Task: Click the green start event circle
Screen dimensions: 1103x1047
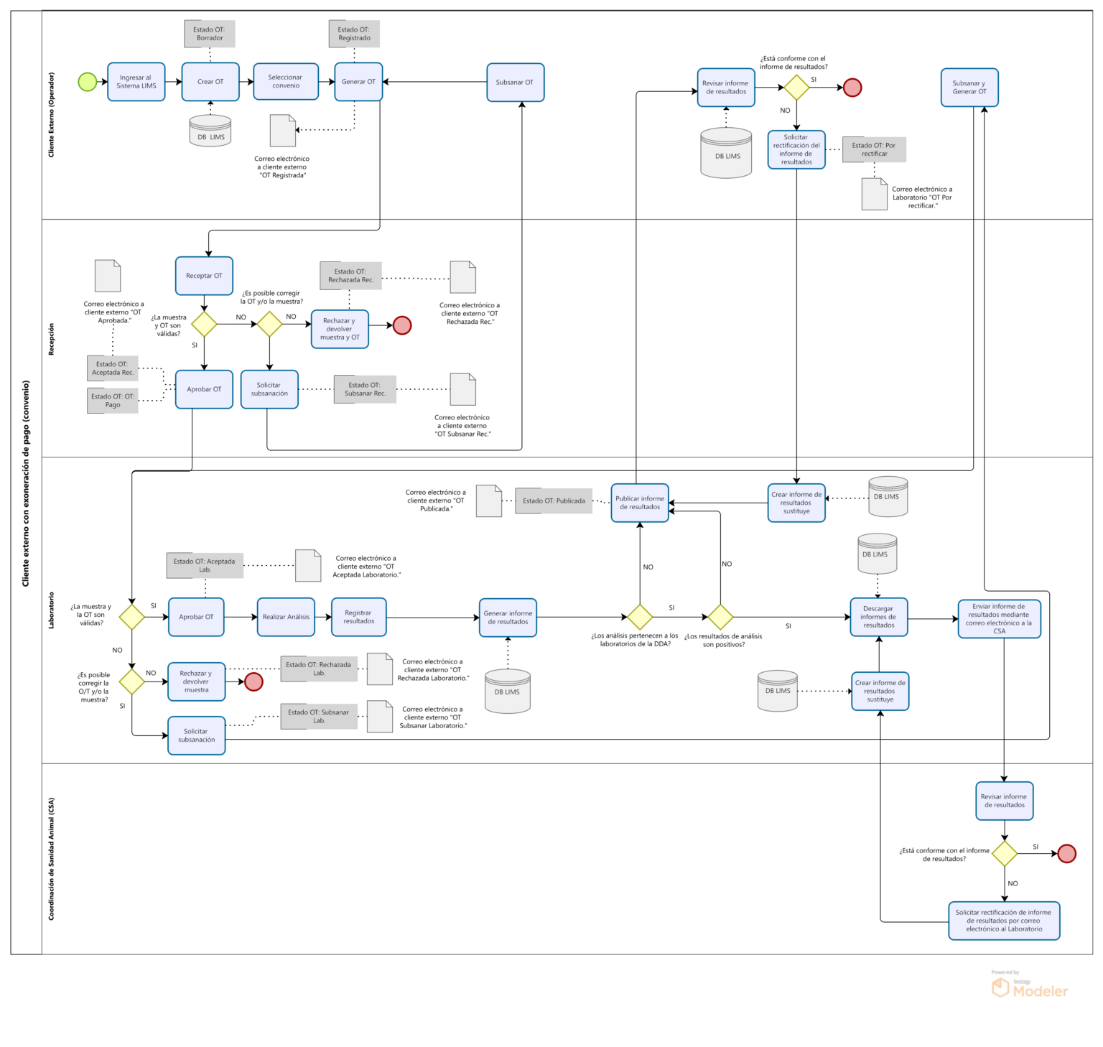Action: pyautogui.click(x=87, y=82)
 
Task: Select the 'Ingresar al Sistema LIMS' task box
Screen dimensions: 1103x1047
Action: pyautogui.click(x=136, y=82)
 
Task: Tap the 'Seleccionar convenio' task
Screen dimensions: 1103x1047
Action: pyautogui.click(x=286, y=82)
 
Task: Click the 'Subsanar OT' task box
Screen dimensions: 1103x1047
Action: pyautogui.click(x=515, y=83)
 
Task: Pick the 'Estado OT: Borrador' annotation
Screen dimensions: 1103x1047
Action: pyautogui.click(x=210, y=34)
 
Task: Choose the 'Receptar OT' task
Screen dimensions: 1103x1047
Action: pyautogui.click(x=204, y=276)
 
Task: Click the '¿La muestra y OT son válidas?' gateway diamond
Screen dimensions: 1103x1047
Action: pyautogui.click(x=204, y=324)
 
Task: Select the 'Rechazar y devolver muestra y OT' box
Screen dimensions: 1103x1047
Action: pyautogui.click(x=340, y=329)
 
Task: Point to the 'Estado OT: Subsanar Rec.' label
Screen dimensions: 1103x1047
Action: pyautogui.click(x=365, y=389)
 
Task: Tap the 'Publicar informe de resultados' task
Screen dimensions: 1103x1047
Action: pyautogui.click(x=640, y=503)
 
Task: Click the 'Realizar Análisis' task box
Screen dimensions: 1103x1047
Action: pyautogui.click(x=286, y=617)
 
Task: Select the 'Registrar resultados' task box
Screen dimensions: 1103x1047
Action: pyautogui.click(x=359, y=617)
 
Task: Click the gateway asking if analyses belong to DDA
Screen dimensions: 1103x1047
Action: pyautogui.click(x=640, y=617)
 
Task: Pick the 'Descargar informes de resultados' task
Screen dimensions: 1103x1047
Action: pyautogui.click(x=879, y=617)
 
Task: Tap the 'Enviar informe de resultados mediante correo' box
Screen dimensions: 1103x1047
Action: pyautogui.click(x=1000, y=619)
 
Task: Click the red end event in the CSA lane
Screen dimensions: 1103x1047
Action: pyautogui.click(x=1067, y=854)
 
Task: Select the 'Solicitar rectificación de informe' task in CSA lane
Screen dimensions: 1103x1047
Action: pyautogui.click(x=1004, y=921)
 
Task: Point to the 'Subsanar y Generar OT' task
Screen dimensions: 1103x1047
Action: pyautogui.click(x=969, y=88)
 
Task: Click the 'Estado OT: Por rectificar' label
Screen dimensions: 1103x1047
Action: pyautogui.click(x=874, y=149)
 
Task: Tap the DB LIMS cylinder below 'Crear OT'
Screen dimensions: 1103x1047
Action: pyautogui.click(x=210, y=131)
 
